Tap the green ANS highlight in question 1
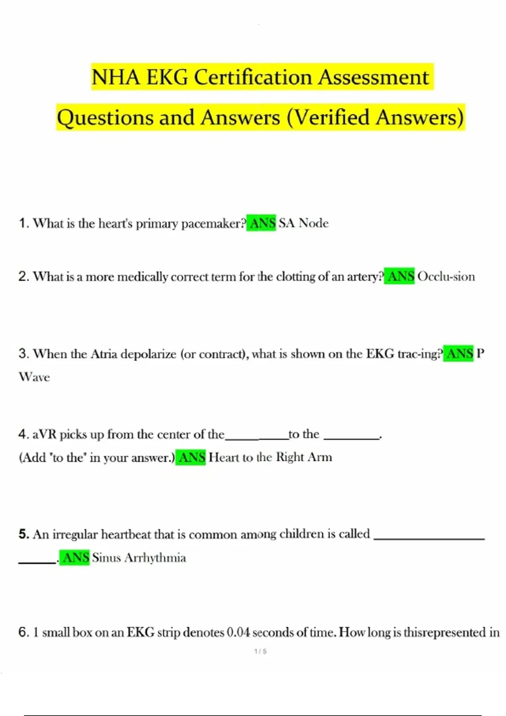261,223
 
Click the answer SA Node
304,223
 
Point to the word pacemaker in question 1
212,224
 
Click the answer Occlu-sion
446,276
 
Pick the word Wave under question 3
34,377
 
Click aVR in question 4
44,434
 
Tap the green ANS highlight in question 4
191,457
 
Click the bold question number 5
24,534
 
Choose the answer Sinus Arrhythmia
139,558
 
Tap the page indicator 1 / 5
261,651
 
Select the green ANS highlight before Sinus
75,558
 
